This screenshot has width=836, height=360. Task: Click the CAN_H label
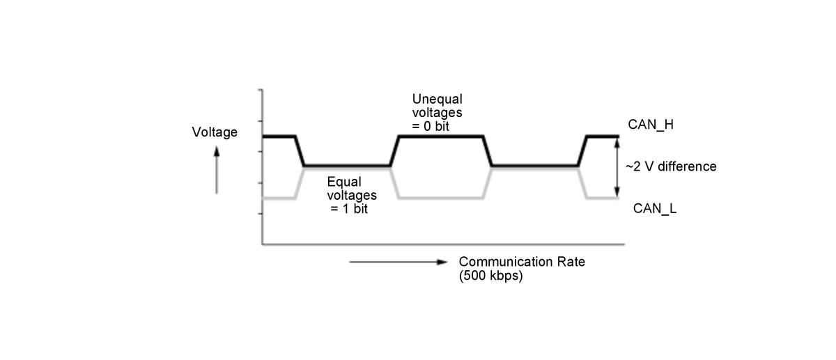pyautogui.click(x=649, y=125)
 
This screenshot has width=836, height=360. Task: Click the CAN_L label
pyautogui.click(x=654, y=208)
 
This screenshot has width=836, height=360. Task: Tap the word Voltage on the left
pyautogui.click(x=215, y=132)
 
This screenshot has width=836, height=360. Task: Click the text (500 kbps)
pyautogui.click(x=490, y=275)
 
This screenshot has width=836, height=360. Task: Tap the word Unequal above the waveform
pyautogui.click(x=437, y=99)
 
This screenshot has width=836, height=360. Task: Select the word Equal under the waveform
pyautogui.click(x=344, y=182)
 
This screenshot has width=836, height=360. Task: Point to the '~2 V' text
pyautogui.click(x=638, y=166)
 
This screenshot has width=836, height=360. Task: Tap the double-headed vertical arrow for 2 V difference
pyautogui.click(x=616, y=167)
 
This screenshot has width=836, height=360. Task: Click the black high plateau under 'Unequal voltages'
pyautogui.click(x=440, y=136)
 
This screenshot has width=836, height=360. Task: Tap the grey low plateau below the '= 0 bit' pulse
pyautogui.click(x=440, y=198)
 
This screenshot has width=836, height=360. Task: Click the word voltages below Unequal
pyautogui.click(x=437, y=112)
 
